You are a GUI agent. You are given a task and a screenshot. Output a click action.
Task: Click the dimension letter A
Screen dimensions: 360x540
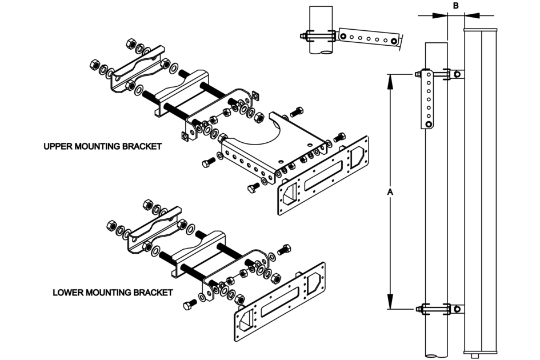tap(390, 193)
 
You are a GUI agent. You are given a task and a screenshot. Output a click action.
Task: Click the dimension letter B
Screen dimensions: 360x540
tap(455, 6)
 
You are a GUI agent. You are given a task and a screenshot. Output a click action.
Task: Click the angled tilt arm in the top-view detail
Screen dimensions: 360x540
tap(369, 39)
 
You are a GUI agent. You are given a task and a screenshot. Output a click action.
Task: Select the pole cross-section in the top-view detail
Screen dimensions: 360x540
tap(321, 38)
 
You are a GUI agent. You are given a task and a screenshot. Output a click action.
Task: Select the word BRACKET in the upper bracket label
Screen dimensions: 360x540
tap(141, 146)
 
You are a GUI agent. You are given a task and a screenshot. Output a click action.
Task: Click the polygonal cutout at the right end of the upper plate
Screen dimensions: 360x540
tap(357, 155)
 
